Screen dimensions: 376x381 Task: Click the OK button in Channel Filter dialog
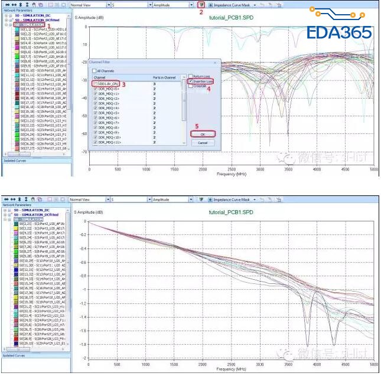pos(203,134)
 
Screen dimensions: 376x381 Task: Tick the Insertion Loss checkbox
pos(190,81)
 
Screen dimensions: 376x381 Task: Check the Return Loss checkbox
pos(190,77)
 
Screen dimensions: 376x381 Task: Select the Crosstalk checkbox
pos(190,86)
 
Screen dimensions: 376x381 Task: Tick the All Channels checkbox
pos(93,71)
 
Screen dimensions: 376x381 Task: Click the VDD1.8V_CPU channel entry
pos(110,84)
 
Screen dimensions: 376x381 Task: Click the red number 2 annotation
pos(201,12)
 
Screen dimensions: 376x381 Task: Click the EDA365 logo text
pos(339,32)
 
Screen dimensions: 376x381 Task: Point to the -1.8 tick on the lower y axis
pos(83,345)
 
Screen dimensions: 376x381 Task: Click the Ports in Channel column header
pos(164,78)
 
